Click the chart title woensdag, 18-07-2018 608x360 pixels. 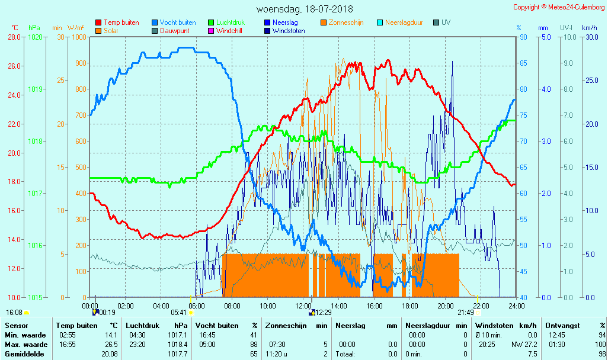304,9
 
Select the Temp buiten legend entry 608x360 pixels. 121,22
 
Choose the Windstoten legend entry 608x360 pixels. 289,31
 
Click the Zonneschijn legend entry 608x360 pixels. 345,22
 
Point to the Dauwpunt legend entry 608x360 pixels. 174,31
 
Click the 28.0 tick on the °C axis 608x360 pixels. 14,37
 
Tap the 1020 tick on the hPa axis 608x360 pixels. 35,37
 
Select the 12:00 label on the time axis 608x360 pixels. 303,306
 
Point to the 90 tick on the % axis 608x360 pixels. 523,37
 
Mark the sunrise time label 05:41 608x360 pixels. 178,313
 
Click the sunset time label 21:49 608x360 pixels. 465,313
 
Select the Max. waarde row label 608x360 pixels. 25,345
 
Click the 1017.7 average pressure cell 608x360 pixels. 178,354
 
